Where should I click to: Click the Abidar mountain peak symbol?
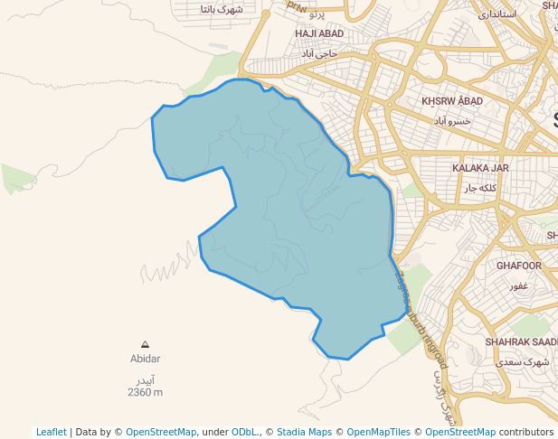(145, 344)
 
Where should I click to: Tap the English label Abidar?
(145, 359)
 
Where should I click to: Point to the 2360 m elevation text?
(145, 392)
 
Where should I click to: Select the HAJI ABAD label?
(318, 33)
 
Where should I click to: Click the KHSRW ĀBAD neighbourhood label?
(452, 101)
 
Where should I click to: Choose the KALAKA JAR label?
(480, 168)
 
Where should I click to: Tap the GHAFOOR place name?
(519, 266)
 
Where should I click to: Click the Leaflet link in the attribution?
(52, 432)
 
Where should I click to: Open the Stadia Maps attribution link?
(306, 432)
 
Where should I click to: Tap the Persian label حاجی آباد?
(319, 53)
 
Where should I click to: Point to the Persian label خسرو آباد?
(452, 120)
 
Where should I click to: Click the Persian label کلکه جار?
(480, 188)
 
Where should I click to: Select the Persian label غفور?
(518, 285)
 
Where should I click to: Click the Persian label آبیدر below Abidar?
(145, 378)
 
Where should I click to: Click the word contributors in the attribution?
(525, 432)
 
